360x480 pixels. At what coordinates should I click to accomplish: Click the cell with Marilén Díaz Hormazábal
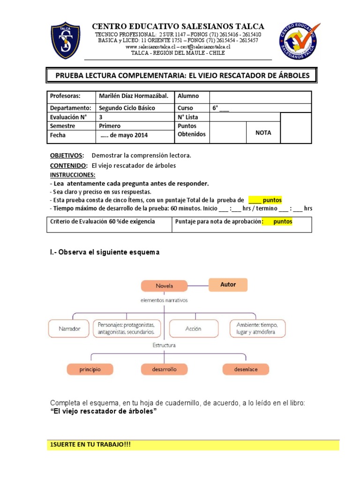click(x=133, y=96)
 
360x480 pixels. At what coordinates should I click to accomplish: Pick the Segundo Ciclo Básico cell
click(x=127, y=108)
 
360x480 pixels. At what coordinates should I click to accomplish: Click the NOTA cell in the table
click(x=263, y=133)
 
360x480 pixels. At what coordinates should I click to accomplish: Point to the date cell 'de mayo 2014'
click(x=124, y=135)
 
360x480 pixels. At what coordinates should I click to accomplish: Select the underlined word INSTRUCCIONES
click(x=73, y=175)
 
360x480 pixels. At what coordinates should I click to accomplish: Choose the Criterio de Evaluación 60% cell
click(x=103, y=221)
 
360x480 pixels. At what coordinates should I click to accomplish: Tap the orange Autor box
click(x=228, y=285)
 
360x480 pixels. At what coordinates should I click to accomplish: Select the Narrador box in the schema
click(x=69, y=329)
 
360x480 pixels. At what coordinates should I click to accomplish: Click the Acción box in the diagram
click(x=193, y=329)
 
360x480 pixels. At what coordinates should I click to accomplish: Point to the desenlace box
click(x=246, y=369)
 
